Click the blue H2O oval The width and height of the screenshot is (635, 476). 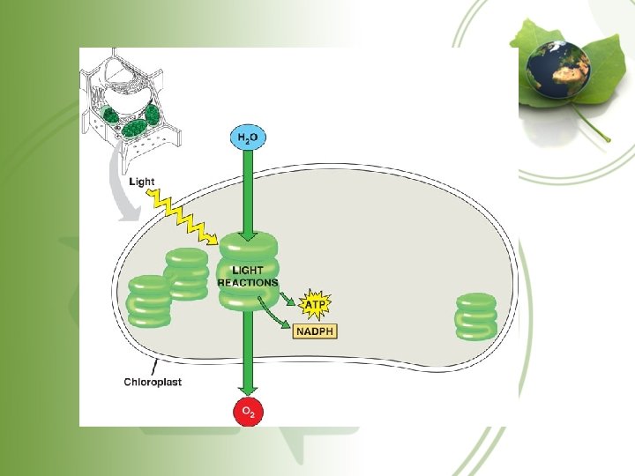[247, 138]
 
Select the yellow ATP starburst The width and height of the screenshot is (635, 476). [315, 305]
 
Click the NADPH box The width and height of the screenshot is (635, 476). [315, 331]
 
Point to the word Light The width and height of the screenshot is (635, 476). [141, 182]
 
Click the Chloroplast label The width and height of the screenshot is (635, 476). [153, 382]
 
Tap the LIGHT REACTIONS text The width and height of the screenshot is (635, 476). [248, 277]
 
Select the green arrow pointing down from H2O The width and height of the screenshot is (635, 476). [247, 190]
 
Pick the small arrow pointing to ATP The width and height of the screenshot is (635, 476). [288, 296]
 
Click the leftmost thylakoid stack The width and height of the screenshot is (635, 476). [148, 301]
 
